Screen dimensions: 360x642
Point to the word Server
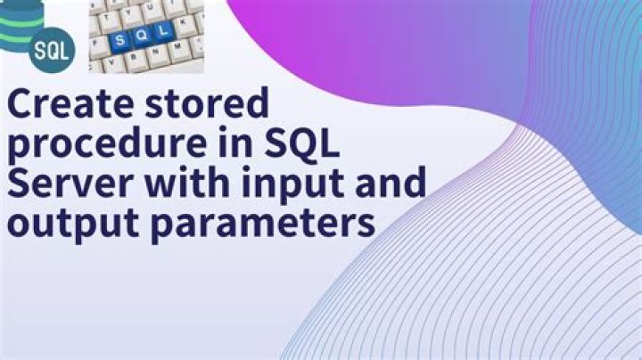(67, 184)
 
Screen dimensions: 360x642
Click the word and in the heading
(393, 184)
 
